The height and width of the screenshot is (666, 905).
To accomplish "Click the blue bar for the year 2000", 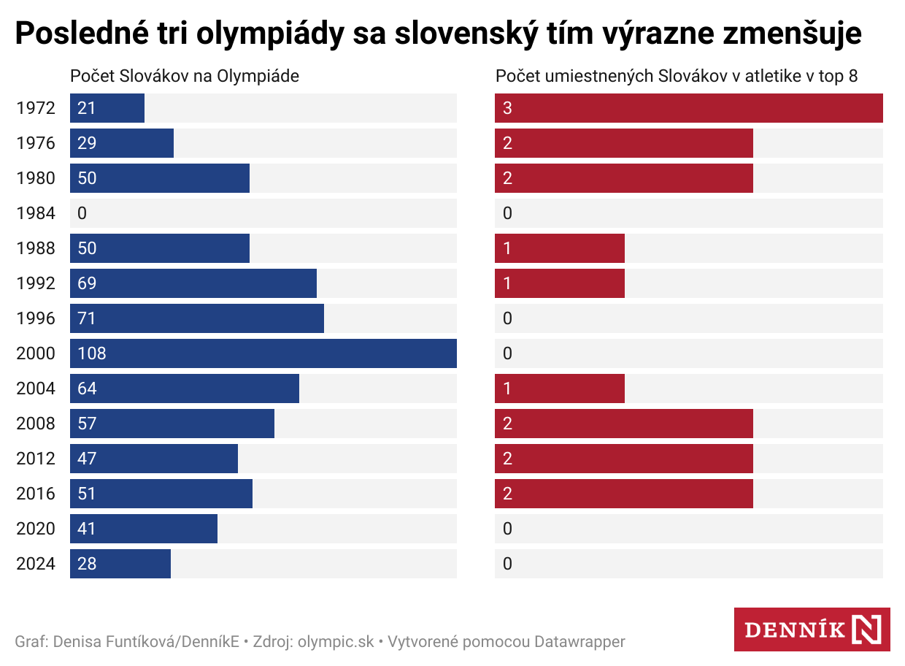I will coord(263,353).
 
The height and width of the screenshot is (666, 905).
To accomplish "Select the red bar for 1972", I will coord(688,108).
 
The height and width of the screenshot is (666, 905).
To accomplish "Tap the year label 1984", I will coord(36,213).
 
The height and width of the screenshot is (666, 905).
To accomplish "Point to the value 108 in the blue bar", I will coord(92,353).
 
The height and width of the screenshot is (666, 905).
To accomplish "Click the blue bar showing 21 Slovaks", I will coord(107,108).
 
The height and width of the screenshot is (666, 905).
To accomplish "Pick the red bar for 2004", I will coord(560,388).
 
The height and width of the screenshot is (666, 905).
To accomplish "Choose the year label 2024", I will coord(36,564).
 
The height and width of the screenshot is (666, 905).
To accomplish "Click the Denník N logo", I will coord(812,629).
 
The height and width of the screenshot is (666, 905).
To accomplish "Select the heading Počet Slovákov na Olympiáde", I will coord(185,76).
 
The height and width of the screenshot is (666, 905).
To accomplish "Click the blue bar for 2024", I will coord(120,564).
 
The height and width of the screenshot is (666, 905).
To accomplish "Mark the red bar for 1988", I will coord(560,248).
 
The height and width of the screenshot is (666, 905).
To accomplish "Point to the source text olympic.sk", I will coord(336,642).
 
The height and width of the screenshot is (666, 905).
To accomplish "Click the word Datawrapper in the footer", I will coord(579,642).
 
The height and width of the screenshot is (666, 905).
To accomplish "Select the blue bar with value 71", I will coord(197,318).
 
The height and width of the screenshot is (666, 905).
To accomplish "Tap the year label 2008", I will coord(36,424).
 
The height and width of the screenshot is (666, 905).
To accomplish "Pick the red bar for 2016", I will coord(624,494).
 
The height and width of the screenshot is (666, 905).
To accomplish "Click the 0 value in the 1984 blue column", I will coord(82,213).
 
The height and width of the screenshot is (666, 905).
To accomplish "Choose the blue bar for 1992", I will coord(193,283).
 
